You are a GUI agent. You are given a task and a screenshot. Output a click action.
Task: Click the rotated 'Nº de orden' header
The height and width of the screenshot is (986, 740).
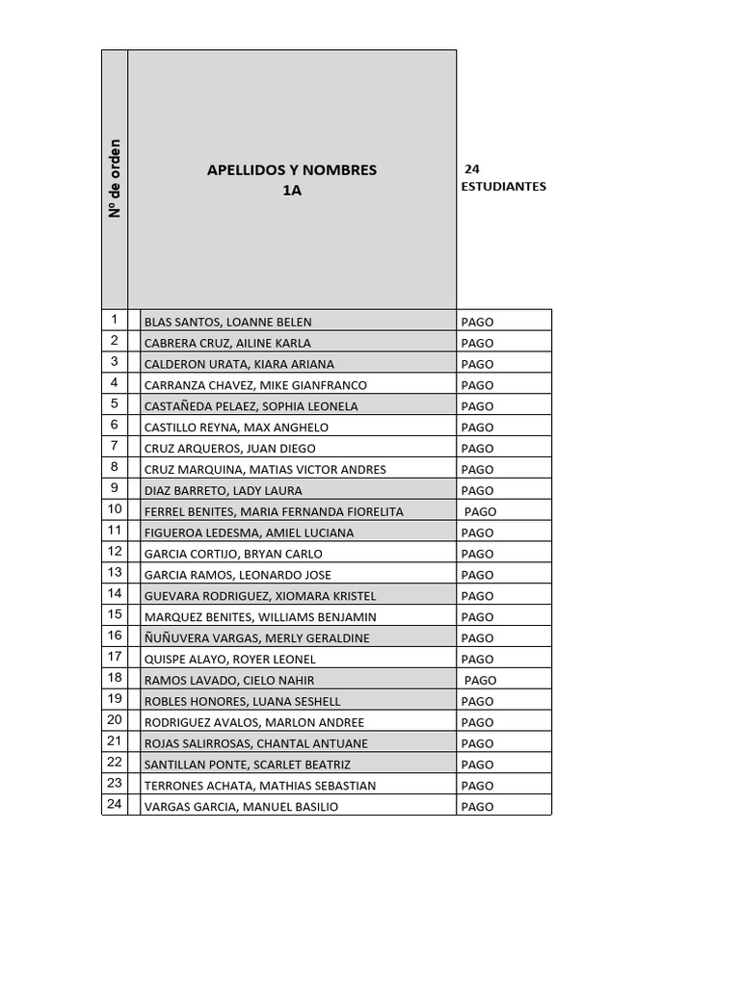[x=115, y=179]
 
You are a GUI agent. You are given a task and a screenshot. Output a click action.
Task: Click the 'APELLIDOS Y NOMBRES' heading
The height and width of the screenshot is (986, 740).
[x=292, y=170]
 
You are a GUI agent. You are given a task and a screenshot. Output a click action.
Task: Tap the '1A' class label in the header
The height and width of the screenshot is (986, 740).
[x=292, y=191]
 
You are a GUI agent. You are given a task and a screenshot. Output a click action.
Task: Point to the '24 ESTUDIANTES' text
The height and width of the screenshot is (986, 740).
[x=503, y=178]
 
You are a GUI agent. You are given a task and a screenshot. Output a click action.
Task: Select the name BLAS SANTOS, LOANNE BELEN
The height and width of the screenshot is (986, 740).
[x=227, y=322]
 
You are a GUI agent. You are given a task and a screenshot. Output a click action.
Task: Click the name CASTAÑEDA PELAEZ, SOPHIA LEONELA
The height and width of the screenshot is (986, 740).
[x=251, y=406]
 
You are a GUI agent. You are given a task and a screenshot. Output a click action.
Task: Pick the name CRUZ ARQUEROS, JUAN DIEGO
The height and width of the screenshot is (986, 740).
[x=229, y=449]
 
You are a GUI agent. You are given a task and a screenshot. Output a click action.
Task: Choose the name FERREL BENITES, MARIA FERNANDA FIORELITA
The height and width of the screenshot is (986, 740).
[x=274, y=511]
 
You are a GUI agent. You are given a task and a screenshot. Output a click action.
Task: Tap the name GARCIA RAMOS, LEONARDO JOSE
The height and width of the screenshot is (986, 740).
[x=237, y=575]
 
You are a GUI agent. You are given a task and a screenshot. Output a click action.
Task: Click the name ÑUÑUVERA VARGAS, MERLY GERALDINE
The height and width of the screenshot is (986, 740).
[x=256, y=638]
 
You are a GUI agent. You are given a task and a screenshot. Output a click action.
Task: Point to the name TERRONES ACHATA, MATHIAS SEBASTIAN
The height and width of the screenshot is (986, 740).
[x=259, y=786]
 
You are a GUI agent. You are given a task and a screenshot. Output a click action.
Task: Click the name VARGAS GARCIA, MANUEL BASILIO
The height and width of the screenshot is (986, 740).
[x=241, y=807]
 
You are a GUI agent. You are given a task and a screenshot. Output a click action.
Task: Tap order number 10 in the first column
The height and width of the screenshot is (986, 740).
[x=115, y=509]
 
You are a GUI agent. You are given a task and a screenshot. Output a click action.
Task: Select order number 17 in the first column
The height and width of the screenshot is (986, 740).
[x=115, y=657]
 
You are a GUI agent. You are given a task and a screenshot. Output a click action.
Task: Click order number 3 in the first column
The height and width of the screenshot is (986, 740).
[x=115, y=362]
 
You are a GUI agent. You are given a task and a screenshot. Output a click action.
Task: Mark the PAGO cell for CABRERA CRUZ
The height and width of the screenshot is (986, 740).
[x=477, y=343]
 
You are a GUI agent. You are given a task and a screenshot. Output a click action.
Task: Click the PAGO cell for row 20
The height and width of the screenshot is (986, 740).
[x=477, y=723]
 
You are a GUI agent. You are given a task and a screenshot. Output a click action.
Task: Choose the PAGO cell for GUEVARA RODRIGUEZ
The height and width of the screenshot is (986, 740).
[x=477, y=596]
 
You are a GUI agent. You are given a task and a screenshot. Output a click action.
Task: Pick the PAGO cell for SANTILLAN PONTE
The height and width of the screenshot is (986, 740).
[x=477, y=765]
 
